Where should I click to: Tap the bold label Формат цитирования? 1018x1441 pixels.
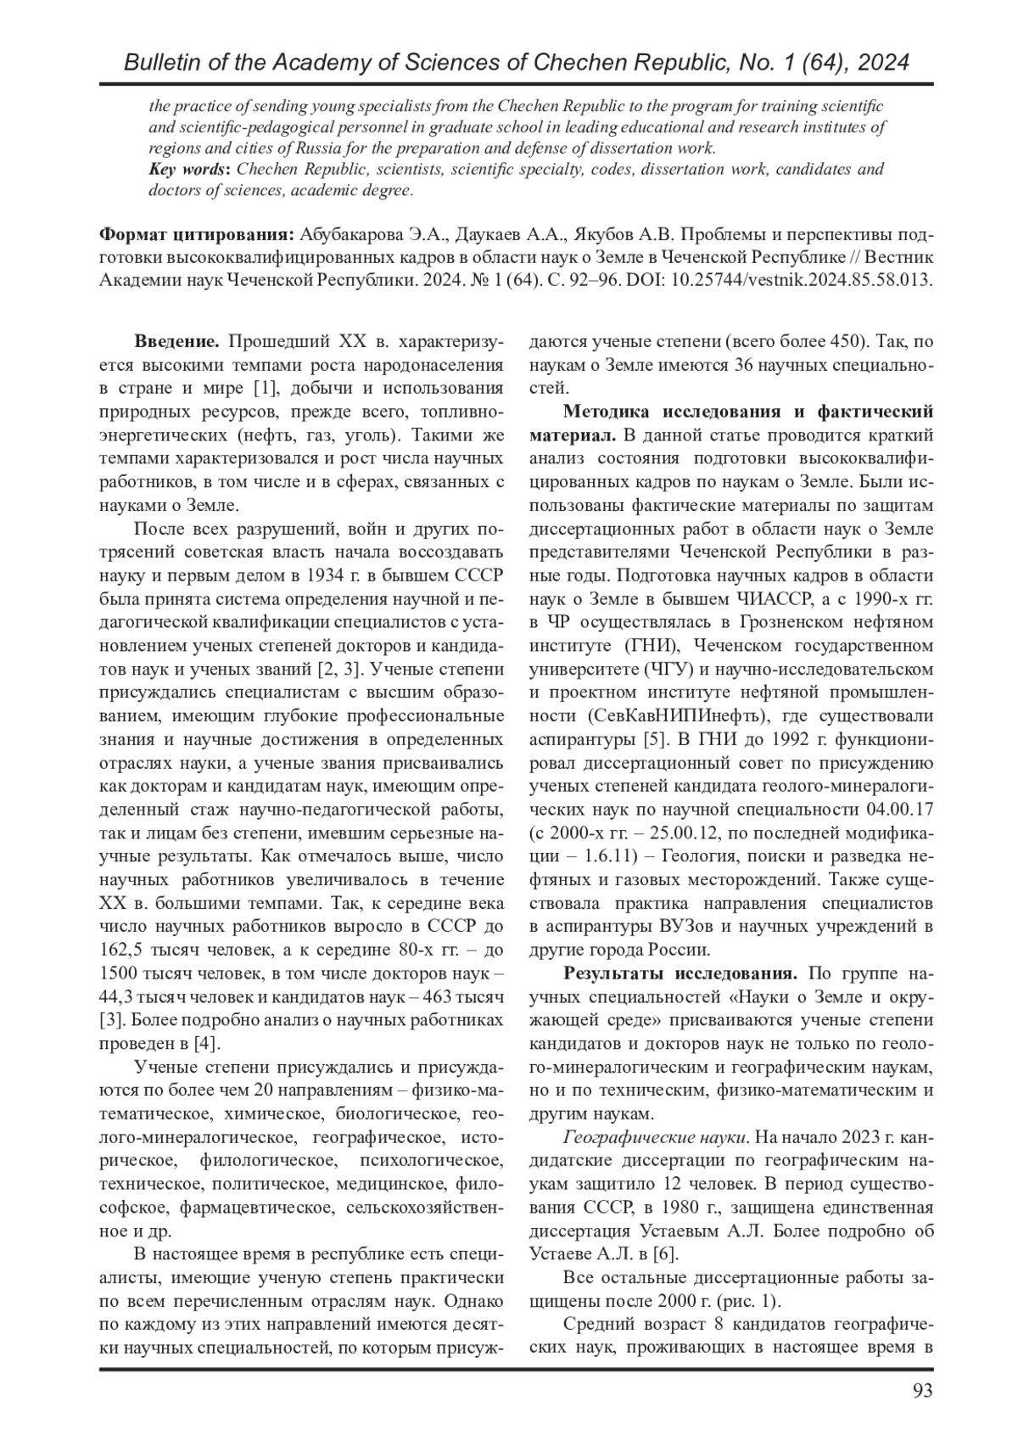(197, 233)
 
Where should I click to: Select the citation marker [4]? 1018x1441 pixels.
(207, 1042)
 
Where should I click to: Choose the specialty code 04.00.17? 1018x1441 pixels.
(900, 805)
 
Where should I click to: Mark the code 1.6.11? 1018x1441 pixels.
(589, 851)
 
